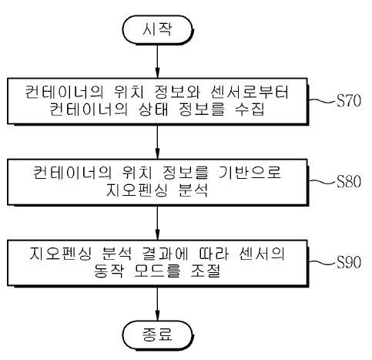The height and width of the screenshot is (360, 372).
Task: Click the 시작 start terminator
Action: pyautogui.click(x=157, y=30)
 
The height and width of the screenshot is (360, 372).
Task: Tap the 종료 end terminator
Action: pyautogui.click(x=157, y=335)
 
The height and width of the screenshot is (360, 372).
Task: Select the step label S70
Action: pyautogui.click(x=348, y=100)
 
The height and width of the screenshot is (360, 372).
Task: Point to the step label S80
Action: pyautogui.click(x=348, y=181)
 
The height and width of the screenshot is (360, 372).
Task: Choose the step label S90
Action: pyautogui.click(x=348, y=262)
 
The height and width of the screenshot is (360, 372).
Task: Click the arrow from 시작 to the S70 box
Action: pyautogui.click(x=157, y=61)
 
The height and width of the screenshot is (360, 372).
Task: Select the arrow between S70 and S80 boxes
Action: pyautogui.click(x=157, y=142)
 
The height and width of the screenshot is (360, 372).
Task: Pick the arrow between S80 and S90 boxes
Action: pyautogui.click(x=157, y=223)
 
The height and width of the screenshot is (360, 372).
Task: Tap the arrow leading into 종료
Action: pyautogui.click(x=157, y=304)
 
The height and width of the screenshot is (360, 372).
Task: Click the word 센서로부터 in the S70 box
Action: pyautogui.click(x=250, y=92)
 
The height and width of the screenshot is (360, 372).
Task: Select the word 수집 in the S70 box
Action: pyautogui.click(x=250, y=109)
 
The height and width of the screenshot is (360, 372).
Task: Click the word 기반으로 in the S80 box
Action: pyautogui.click(x=250, y=173)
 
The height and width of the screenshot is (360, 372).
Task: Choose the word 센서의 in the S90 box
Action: pyautogui.click(x=262, y=254)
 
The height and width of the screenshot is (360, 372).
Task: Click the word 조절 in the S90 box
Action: pyautogui.click(x=206, y=271)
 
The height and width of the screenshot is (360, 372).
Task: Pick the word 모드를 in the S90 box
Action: pyautogui.click(x=157, y=271)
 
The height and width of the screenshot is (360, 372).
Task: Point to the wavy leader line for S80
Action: pyautogui.click(x=322, y=181)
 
